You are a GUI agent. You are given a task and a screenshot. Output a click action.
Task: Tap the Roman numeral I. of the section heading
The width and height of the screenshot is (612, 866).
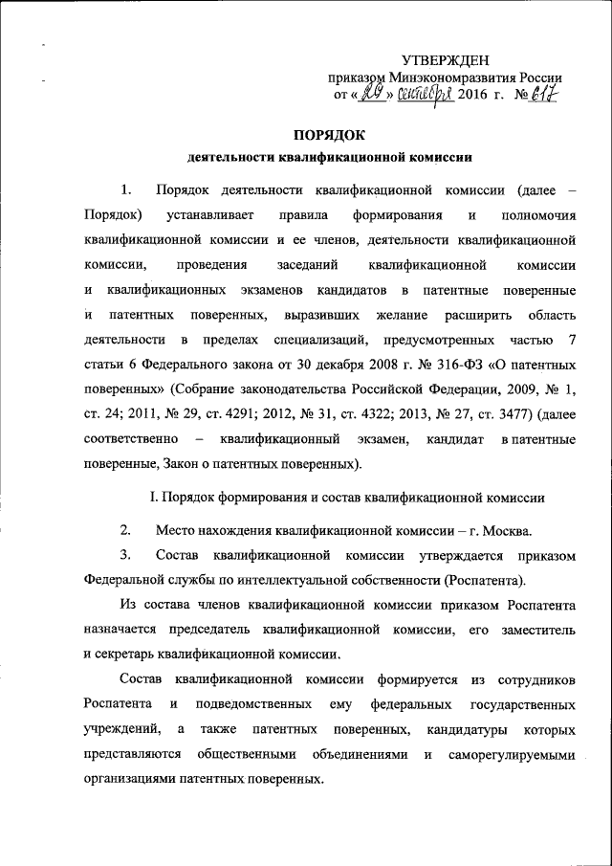[x=146, y=497]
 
